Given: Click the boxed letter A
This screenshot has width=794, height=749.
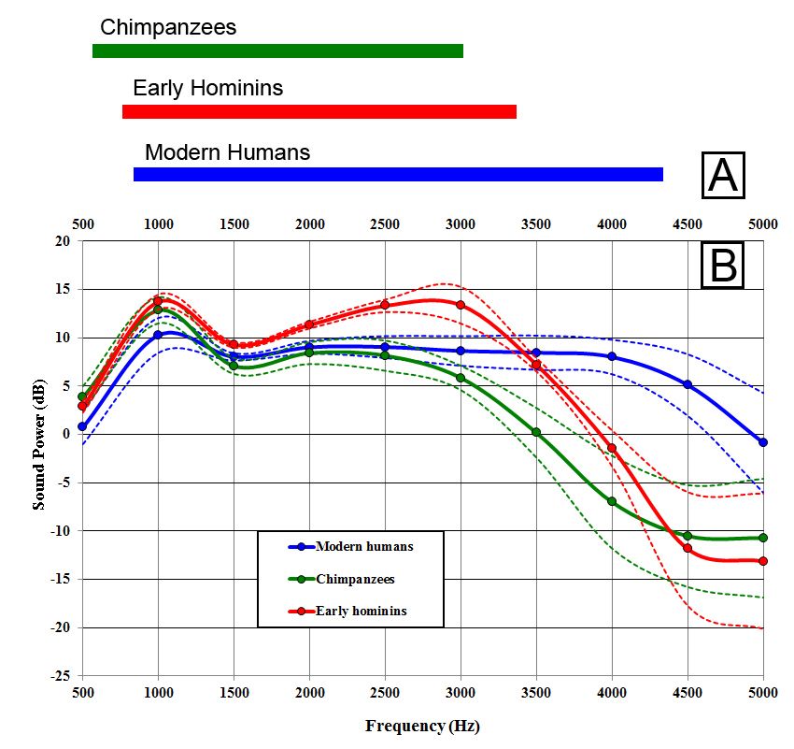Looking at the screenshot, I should click(x=722, y=176).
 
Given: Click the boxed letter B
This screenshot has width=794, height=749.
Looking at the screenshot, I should click(x=722, y=265).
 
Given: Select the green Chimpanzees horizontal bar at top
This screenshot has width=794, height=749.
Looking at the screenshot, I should click(x=277, y=50).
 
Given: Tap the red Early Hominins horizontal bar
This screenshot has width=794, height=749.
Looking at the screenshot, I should click(x=319, y=111).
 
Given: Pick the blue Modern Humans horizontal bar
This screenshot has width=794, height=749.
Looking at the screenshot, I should click(x=398, y=174).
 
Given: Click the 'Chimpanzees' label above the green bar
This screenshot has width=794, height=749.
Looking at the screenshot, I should click(x=168, y=27).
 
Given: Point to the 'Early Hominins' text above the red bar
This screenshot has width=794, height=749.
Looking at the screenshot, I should click(x=207, y=89).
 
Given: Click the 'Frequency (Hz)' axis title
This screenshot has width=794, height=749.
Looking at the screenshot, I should click(x=422, y=726).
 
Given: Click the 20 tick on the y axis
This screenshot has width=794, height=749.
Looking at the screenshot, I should click(x=64, y=241).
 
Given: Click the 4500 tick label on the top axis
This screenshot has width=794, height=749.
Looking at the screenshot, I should click(x=688, y=224).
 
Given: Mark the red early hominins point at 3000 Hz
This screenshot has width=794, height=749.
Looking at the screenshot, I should click(x=461, y=305).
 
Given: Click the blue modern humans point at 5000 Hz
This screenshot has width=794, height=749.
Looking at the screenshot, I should click(x=763, y=441).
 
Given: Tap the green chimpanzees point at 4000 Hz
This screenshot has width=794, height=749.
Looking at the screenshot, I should click(x=612, y=501).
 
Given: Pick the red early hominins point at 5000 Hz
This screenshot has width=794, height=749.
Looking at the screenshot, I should click(x=763, y=561).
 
